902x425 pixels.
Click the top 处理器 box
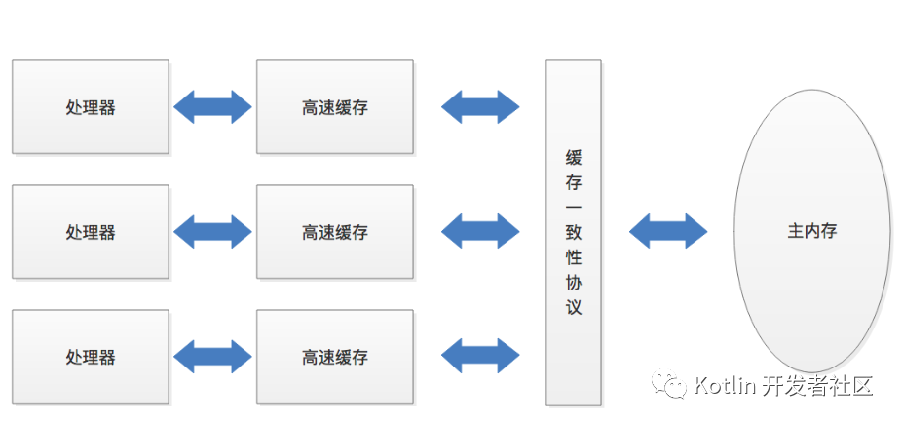tap(91, 107)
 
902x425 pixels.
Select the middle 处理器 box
tap(91, 232)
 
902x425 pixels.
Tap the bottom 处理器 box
tap(91, 357)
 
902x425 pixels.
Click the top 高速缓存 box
tap(335, 107)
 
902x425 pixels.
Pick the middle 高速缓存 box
tap(335, 232)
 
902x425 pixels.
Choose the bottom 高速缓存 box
tap(335, 357)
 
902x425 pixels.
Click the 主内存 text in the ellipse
tap(812, 231)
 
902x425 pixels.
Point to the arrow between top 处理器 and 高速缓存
tap(212, 107)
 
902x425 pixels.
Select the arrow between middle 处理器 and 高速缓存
tap(212, 232)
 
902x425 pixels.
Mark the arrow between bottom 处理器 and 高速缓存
tap(212, 357)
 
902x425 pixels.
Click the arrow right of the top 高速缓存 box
tap(480, 107)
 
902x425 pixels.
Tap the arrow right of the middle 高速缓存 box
tap(480, 232)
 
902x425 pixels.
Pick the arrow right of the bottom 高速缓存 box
tap(480, 357)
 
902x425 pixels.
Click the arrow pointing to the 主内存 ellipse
tap(668, 231)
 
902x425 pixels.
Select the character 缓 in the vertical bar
tap(574, 157)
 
